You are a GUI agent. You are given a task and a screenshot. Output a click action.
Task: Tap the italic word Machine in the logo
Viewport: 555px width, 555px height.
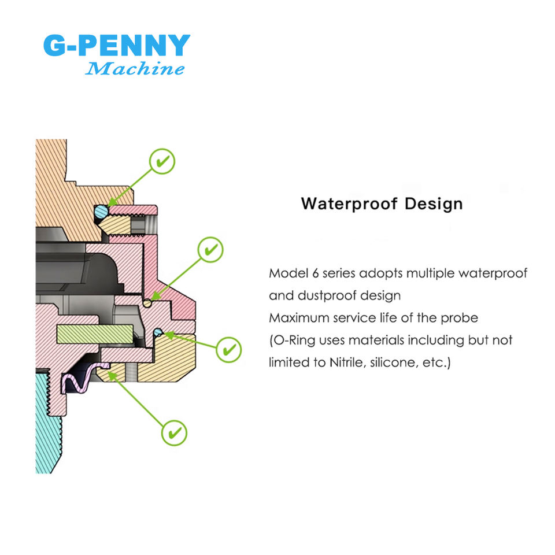[x=135, y=69]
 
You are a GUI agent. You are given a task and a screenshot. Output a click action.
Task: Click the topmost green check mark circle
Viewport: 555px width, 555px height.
[x=162, y=161]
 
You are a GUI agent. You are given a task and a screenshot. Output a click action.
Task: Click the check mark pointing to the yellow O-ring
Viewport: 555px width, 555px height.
[x=210, y=250]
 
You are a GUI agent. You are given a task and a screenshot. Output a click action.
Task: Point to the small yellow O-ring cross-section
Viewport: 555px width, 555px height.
[x=148, y=302]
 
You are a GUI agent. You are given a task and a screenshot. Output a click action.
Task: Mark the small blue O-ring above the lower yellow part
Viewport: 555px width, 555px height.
[x=157, y=331]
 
